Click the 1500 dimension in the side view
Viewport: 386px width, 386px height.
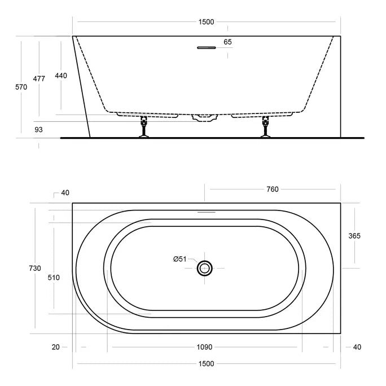tap(206, 22)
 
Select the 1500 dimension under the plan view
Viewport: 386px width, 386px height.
tap(206, 363)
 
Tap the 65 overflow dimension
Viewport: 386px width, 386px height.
tap(227, 42)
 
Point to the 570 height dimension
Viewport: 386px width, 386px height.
tap(21, 87)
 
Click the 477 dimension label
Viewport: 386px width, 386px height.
tap(39, 79)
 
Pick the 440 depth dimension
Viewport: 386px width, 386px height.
tap(61, 76)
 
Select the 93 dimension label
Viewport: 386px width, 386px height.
tap(38, 129)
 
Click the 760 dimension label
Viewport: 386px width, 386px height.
tap(273, 189)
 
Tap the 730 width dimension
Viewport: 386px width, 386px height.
tap(35, 268)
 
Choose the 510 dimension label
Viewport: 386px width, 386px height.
tap(54, 278)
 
